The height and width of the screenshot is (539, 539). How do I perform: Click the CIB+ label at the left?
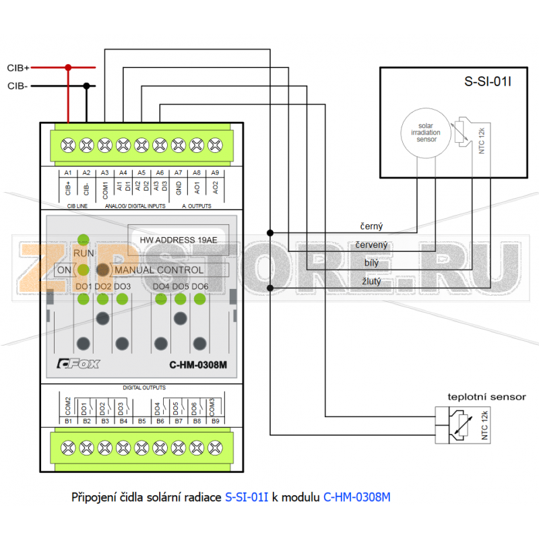tap(18, 68)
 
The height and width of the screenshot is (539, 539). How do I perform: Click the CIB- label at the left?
tap(18, 86)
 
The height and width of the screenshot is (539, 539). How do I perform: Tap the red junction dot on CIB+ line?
tap(68, 67)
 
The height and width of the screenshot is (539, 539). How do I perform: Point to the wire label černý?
tap(372, 227)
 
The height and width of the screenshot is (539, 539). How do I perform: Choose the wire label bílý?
tap(371, 263)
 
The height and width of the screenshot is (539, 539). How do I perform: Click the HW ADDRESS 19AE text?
tap(179, 240)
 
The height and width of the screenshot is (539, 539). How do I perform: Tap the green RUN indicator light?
tap(84, 239)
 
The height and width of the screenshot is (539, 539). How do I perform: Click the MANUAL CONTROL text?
tap(159, 269)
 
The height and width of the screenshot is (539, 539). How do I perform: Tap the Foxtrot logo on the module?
tap(77, 364)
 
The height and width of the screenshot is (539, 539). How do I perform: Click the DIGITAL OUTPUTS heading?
tap(144, 388)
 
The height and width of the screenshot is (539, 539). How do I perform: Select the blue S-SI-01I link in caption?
tap(246, 497)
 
